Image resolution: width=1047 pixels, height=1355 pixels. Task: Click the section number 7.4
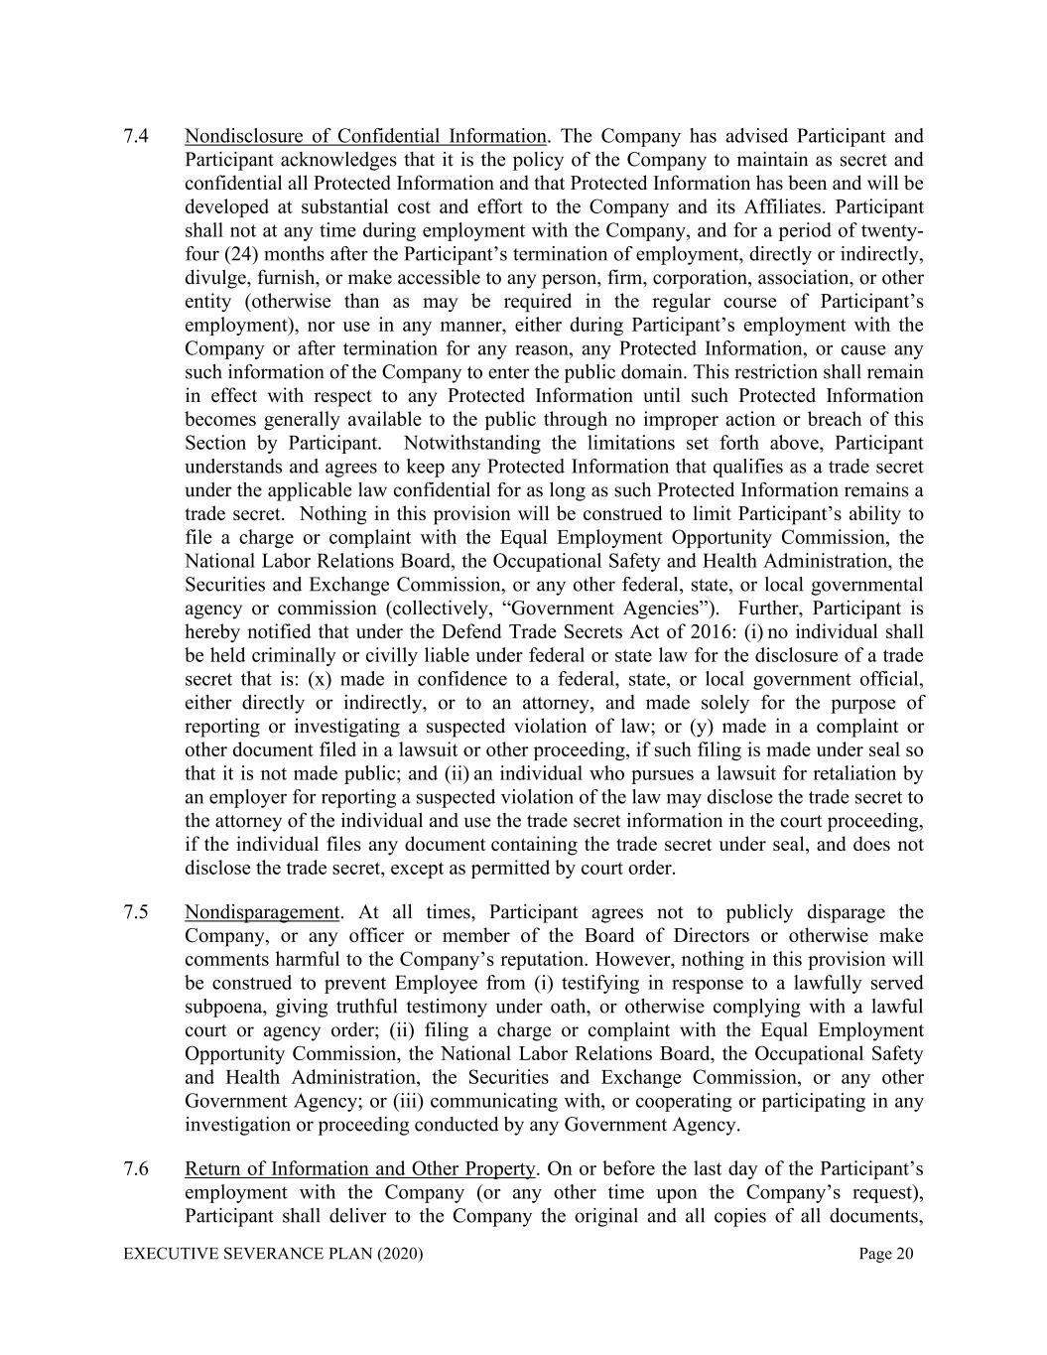pos(136,136)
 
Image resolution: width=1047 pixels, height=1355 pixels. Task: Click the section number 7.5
pos(136,912)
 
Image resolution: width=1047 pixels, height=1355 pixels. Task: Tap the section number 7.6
pos(136,1168)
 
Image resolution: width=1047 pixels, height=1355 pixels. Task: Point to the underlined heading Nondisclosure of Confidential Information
pos(365,136)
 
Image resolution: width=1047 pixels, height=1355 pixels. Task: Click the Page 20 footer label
pos(885,1255)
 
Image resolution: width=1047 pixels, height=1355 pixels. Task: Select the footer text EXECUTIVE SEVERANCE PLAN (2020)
pos(273,1255)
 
